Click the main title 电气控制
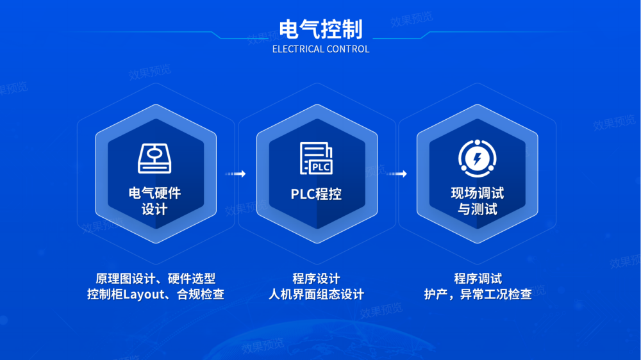[321, 29]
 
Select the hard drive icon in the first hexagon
[154, 159]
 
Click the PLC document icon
[316, 159]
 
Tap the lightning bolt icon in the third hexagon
[477, 159]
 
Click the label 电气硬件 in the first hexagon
[155, 193]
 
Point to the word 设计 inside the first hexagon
[154, 209]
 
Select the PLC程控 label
[316, 194]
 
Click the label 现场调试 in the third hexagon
[477, 193]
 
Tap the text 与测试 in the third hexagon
[477, 209]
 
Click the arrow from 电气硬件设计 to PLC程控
[235, 174]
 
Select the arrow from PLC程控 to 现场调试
[396, 174]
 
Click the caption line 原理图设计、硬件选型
[155, 279]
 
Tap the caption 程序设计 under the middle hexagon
[316, 279]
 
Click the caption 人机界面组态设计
[316, 294]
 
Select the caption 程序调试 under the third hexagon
[478, 279]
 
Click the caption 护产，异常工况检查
[478, 294]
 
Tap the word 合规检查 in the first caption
[200, 294]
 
